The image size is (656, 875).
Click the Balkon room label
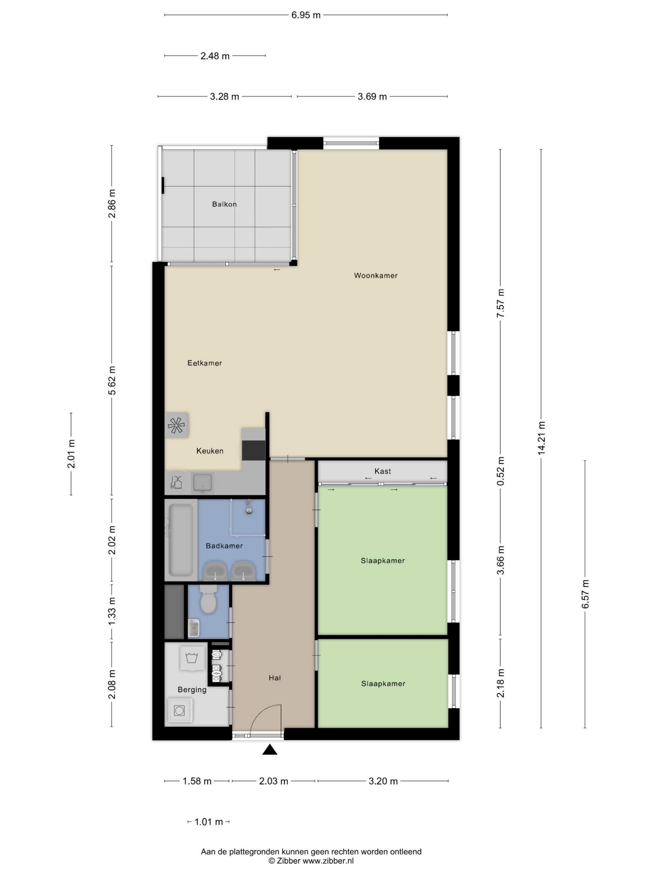pos(224,204)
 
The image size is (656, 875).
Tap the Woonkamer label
pos(375,275)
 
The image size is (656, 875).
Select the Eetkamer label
pos(204,363)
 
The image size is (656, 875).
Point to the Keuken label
pos(210,450)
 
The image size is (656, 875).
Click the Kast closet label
pos(382,471)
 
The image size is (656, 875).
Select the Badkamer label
pos(224,546)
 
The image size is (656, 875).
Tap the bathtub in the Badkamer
pos(181,540)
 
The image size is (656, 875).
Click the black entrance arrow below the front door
pos(270,750)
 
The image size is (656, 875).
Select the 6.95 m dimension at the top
pos(306,15)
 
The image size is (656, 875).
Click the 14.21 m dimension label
pos(541,438)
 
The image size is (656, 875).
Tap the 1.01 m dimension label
pos(209,822)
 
